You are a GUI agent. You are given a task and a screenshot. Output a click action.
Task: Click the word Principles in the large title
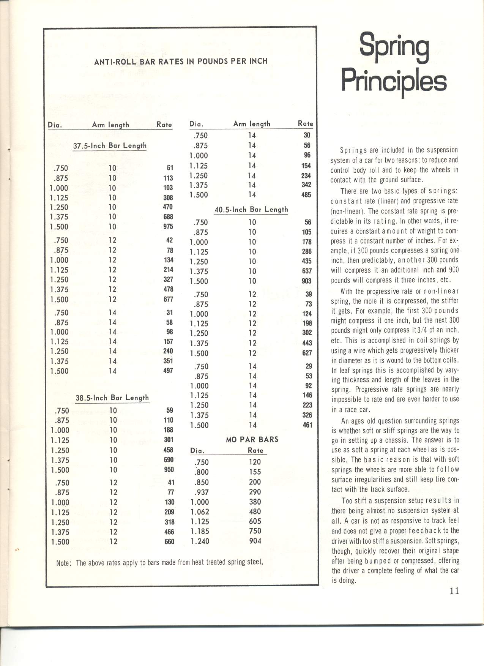pos(394,81)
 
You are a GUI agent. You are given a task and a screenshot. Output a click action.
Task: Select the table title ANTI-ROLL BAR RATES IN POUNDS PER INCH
pos(181,61)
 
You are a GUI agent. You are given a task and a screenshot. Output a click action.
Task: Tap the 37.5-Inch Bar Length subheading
pos(110,145)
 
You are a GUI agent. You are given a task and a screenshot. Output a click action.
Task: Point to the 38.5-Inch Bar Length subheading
pos(112,398)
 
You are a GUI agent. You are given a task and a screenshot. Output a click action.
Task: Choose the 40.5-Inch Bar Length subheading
pos(251,209)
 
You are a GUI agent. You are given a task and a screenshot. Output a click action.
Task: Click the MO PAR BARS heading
pos(252,439)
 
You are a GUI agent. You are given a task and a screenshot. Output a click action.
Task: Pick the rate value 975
pos(168,227)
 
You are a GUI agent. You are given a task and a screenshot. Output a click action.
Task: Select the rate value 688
pos(168,217)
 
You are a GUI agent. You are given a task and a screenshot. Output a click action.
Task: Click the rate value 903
pos(306,281)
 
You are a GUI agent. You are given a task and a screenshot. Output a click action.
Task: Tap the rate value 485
pos(306,195)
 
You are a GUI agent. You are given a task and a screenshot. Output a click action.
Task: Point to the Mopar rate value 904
pos(255,541)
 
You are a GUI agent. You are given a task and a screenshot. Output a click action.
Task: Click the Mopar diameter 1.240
pos(200,541)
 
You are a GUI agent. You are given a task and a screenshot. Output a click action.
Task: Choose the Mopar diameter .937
pos(201,492)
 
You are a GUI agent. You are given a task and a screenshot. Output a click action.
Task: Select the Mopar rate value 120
pos(255,462)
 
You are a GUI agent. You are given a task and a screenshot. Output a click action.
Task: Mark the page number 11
pos(454,591)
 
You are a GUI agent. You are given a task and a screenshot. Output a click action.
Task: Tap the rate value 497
pos(168,371)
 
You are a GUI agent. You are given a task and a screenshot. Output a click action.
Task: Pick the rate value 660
pos(169,541)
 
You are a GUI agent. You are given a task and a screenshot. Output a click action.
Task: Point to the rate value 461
pos(307,425)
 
